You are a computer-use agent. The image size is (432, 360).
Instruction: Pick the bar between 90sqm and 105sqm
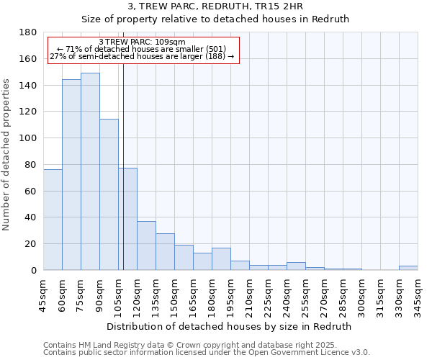click(109, 194)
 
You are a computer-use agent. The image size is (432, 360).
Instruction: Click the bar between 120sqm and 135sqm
click(146, 246)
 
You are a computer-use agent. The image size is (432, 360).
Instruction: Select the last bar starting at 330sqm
click(408, 268)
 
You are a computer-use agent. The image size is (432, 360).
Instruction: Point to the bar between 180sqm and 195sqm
click(221, 259)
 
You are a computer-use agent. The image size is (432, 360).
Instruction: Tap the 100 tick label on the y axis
click(30, 138)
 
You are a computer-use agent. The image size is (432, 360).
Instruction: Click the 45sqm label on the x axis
click(44, 295)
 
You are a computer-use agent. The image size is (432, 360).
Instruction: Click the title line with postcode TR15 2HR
click(215, 6)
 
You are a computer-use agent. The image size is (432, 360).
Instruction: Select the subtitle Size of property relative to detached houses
click(215, 19)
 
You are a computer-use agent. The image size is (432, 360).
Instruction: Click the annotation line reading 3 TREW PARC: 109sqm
click(142, 42)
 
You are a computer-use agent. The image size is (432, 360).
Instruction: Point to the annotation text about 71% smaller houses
click(142, 49)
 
